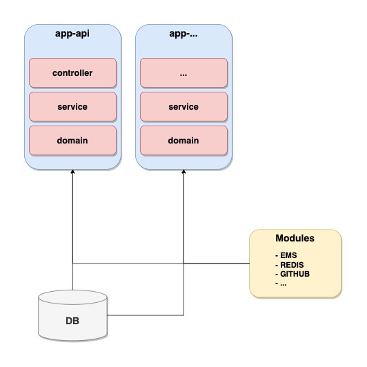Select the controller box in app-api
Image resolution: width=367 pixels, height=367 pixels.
(x=73, y=72)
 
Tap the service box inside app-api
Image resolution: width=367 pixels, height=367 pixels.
(x=73, y=106)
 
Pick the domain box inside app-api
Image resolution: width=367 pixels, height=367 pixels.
(x=73, y=141)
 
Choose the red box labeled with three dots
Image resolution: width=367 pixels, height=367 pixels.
(x=183, y=72)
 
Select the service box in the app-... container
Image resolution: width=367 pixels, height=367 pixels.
(x=183, y=106)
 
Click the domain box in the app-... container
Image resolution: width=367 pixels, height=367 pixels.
(x=183, y=141)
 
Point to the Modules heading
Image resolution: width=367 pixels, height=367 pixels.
(x=295, y=238)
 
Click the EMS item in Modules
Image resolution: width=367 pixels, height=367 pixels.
(x=284, y=255)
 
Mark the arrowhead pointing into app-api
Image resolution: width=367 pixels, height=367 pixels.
(x=73, y=175)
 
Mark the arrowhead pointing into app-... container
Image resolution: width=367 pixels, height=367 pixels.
(x=183, y=175)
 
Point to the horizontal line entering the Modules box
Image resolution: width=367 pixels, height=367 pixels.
(x=228, y=263)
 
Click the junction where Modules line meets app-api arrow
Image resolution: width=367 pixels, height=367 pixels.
(x=73, y=263)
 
